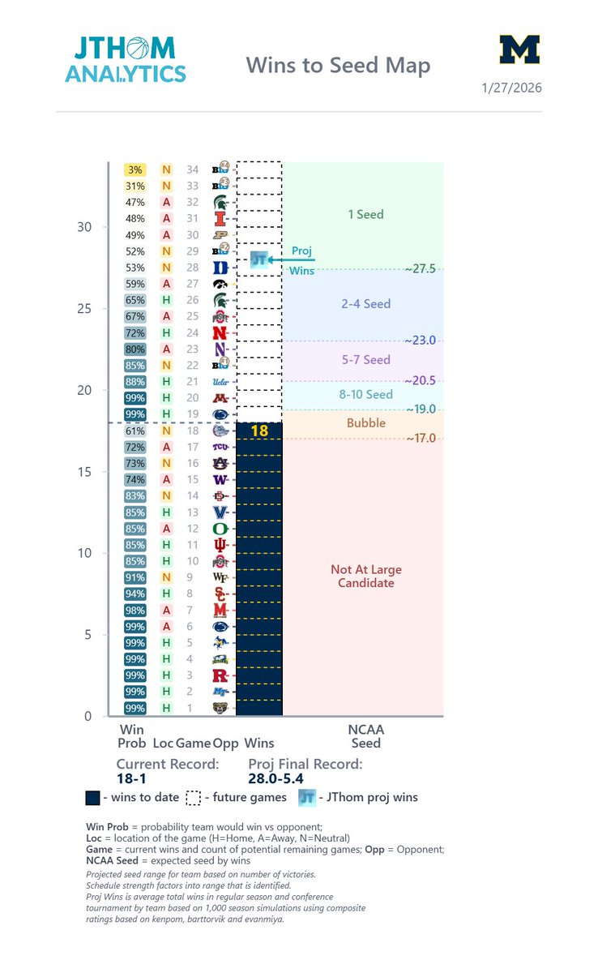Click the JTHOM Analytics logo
tap(126, 58)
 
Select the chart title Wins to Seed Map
tap(338, 65)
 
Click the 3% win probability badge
tap(135, 169)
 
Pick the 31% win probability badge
tap(135, 186)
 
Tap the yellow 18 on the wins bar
tap(259, 431)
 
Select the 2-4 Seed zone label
tap(366, 304)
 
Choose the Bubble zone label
tap(366, 423)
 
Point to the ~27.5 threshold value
tap(421, 269)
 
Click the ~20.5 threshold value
tap(421, 380)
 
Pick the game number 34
tap(192, 169)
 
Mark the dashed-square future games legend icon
tap(193, 798)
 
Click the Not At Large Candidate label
tap(366, 577)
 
